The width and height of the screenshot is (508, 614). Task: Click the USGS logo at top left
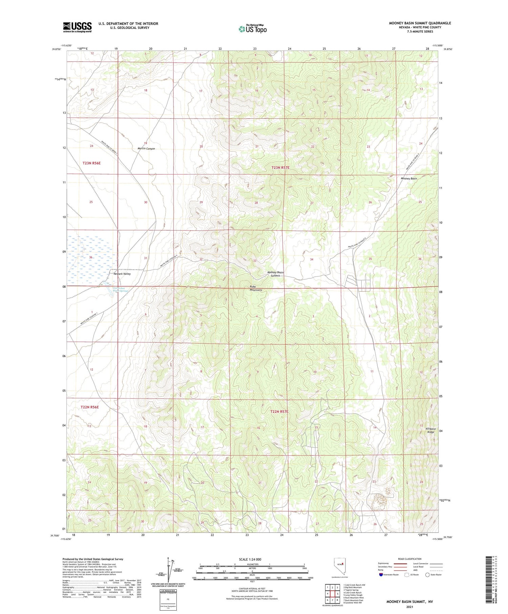coord(77,27)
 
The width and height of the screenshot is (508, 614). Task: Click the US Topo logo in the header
coord(252,29)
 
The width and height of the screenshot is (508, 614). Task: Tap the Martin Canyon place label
coord(146,149)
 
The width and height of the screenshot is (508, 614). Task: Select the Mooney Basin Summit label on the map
coord(275,274)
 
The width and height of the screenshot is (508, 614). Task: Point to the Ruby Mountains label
coord(256,288)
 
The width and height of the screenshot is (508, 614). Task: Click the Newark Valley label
coord(122,274)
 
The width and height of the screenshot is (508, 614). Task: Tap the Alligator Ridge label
coord(430,430)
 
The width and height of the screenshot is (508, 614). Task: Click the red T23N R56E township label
coord(91,163)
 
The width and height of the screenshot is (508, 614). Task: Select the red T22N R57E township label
coord(279,411)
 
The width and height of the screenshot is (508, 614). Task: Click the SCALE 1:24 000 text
coord(250,559)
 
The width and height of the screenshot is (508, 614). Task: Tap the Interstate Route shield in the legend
coord(381,574)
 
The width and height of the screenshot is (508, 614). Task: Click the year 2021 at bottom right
coord(409,607)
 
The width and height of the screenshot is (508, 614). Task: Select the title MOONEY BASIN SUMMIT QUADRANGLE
coord(420,23)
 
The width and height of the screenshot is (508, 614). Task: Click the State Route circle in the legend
coord(427,574)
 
